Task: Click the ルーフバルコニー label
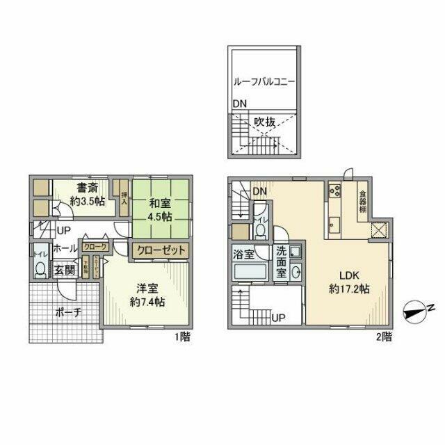pos(264,81)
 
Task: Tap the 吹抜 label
pos(264,122)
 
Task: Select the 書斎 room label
pos(86,187)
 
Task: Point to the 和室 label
pos(159,204)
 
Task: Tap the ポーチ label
pos(68,312)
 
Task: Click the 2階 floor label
pos(382,337)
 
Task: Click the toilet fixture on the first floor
pos(39,270)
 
